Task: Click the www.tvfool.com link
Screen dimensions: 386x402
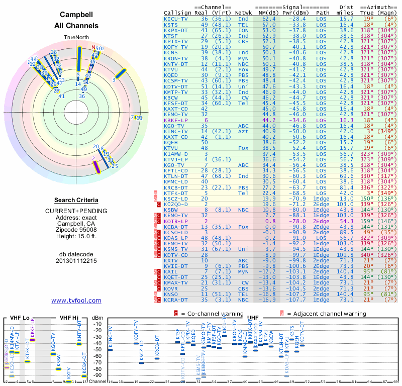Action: pos(76,301)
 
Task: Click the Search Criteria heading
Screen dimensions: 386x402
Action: pos(76,200)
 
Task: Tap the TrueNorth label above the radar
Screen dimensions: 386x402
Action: pos(76,38)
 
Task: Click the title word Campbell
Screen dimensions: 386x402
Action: pos(76,15)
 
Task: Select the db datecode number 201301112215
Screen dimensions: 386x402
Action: pos(76,261)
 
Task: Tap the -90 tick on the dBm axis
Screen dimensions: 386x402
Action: pos(96,375)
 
